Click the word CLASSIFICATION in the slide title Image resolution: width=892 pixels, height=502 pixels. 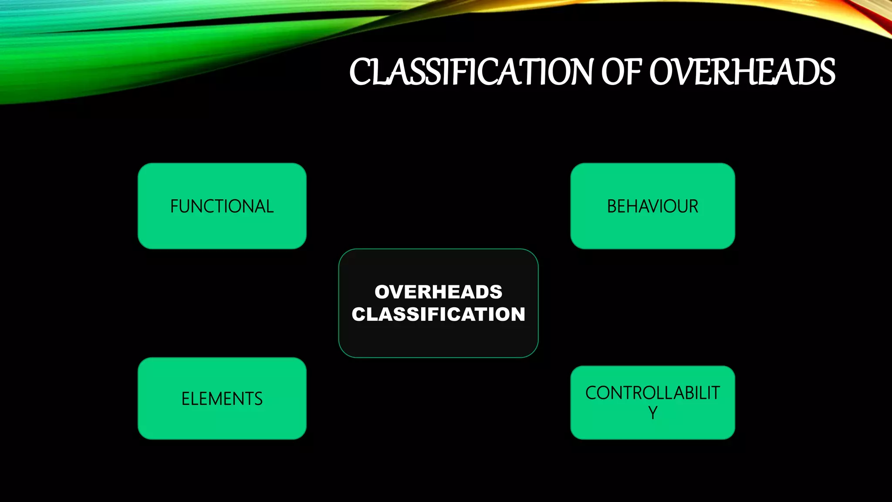point(473,72)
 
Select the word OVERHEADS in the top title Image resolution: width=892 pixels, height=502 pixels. point(742,72)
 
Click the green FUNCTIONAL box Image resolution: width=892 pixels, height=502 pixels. point(222,206)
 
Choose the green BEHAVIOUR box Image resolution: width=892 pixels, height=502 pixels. point(652,206)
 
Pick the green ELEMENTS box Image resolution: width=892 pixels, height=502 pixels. point(222,398)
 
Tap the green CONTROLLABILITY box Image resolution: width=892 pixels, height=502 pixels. point(652,402)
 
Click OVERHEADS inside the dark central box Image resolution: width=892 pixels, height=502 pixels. point(438,292)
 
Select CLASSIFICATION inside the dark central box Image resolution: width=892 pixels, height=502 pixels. point(438,314)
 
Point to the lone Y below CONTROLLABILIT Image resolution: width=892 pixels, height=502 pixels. point(652,413)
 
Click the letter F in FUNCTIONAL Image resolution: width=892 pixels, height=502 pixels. point(174,207)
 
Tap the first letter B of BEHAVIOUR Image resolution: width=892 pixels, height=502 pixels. point(612,207)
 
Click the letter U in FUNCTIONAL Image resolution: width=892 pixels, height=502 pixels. point(186,207)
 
